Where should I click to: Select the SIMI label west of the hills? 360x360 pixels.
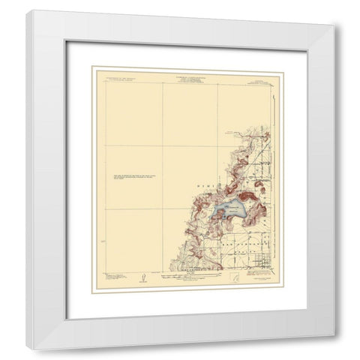[215, 183]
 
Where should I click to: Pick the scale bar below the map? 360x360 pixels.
[187, 278]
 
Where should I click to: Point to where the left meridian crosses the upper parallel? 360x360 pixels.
[163, 144]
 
